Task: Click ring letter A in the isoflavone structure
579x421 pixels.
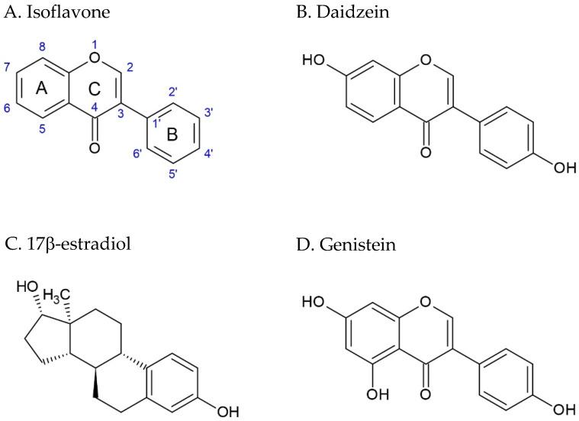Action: point(43,89)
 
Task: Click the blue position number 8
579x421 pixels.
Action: point(43,46)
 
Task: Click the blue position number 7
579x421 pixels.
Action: point(8,66)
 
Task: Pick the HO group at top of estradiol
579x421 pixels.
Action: point(26,287)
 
